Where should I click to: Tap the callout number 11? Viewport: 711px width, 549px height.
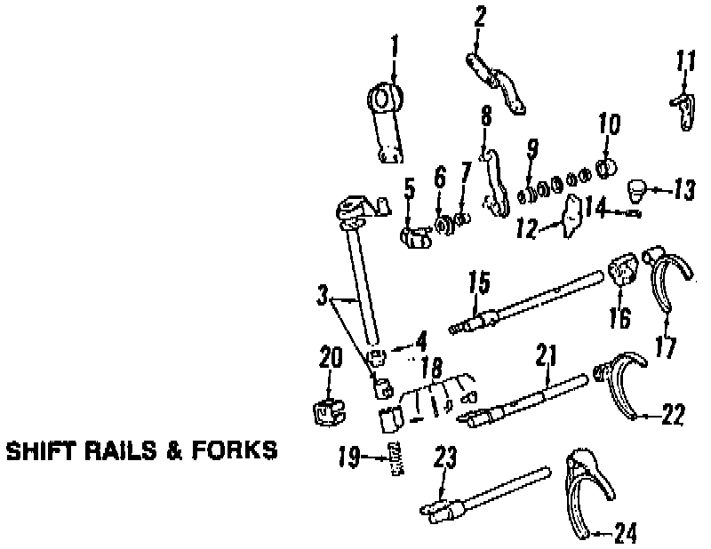point(685,64)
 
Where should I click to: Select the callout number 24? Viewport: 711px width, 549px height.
point(626,534)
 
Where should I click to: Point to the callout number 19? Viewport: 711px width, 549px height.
point(348,458)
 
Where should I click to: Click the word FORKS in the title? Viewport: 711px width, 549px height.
point(234,451)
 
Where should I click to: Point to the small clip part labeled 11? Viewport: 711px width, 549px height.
point(683,108)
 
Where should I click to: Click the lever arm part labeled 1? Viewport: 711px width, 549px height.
point(386,125)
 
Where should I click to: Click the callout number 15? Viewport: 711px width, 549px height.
point(478,283)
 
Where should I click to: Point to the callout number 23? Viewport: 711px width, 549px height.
point(444,458)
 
